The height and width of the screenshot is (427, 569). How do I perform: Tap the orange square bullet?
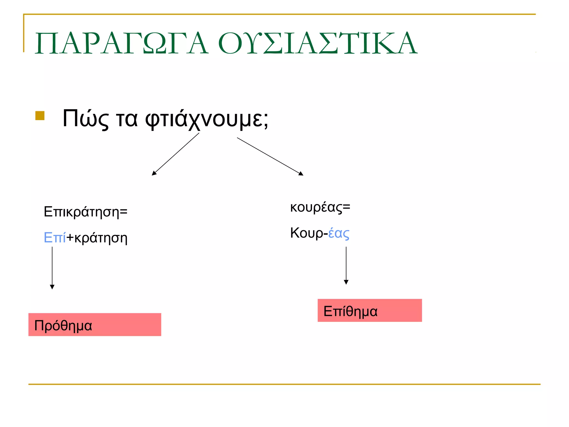(40, 116)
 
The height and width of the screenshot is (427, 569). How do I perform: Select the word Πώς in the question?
(85, 119)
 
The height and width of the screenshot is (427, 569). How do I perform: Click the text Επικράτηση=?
(86, 212)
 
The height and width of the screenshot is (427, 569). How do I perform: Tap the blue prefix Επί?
(55, 238)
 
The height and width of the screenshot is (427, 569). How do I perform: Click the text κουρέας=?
(320, 207)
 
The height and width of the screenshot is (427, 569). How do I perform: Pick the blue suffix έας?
(339, 233)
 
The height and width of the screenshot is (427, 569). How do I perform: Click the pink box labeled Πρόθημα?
(95, 325)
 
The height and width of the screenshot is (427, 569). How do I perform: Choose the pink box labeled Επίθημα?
(370, 311)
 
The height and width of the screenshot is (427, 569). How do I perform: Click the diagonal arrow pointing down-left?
(176, 154)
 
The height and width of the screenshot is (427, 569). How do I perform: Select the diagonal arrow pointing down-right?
(270, 157)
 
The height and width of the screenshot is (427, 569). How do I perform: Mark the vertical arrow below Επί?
(52, 267)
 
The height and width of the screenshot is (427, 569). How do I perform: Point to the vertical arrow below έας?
(346, 265)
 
